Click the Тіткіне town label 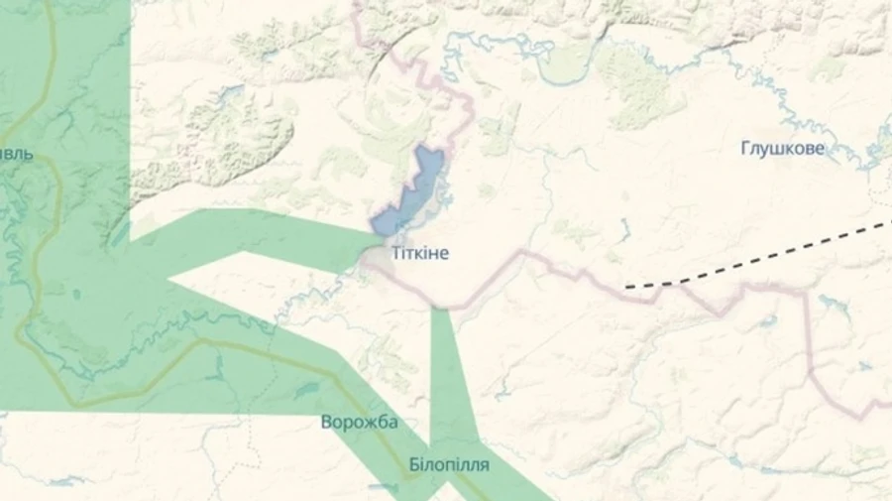tap(420, 254)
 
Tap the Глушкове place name tap(782, 149)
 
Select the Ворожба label tap(359, 423)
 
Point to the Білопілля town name tap(448, 464)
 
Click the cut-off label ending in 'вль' tap(17, 155)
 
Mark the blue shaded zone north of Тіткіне tap(416, 188)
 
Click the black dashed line tap(763, 258)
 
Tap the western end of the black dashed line tap(627, 287)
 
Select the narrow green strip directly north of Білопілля tap(448, 377)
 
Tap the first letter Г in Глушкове tap(745, 149)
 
